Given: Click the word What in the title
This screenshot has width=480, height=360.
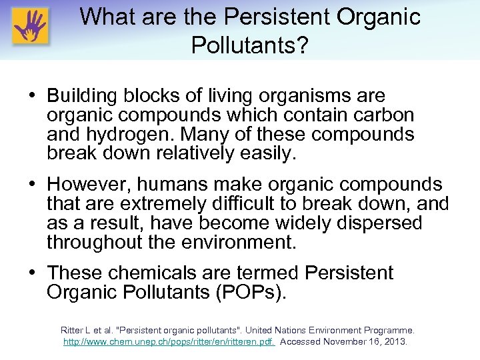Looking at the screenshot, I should click(106, 17).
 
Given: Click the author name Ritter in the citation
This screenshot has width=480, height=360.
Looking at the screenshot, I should click(73, 330).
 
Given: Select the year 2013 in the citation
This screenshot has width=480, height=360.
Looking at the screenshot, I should click(394, 341).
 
